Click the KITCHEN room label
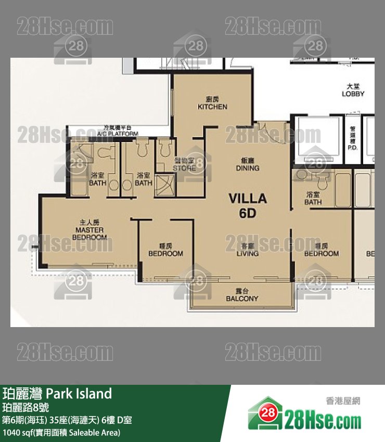point(212,103)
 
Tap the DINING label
point(247,165)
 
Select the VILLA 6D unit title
point(248,205)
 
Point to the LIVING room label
point(247,251)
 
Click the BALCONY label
point(242,295)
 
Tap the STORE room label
point(184,165)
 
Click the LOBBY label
point(353,90)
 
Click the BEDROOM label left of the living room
point(165,251)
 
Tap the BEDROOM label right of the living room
point(321,251)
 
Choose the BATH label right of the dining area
point(313,198)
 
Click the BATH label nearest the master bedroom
point(98,179)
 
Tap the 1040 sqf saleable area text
point(61,432)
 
